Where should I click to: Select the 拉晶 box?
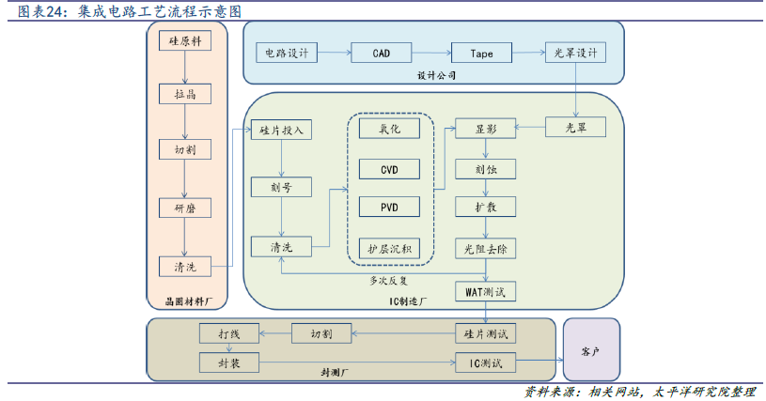coord(185,95)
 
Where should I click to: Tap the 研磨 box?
coord(185,208)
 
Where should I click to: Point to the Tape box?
coord(482,53)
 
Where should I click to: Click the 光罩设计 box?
coord(576,53)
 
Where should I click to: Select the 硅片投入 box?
coord(280,130)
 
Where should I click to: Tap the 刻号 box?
coord(280,188)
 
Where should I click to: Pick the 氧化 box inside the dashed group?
coord(389,129)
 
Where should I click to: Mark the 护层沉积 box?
coord(389,248)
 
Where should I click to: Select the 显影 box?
coord(485,130)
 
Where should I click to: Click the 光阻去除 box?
coord(485,249)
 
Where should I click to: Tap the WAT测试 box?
coord(485,291)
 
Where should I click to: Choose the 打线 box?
coord(228,333)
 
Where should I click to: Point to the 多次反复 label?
coord(389,279)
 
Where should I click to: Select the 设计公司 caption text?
coord(436,76)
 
